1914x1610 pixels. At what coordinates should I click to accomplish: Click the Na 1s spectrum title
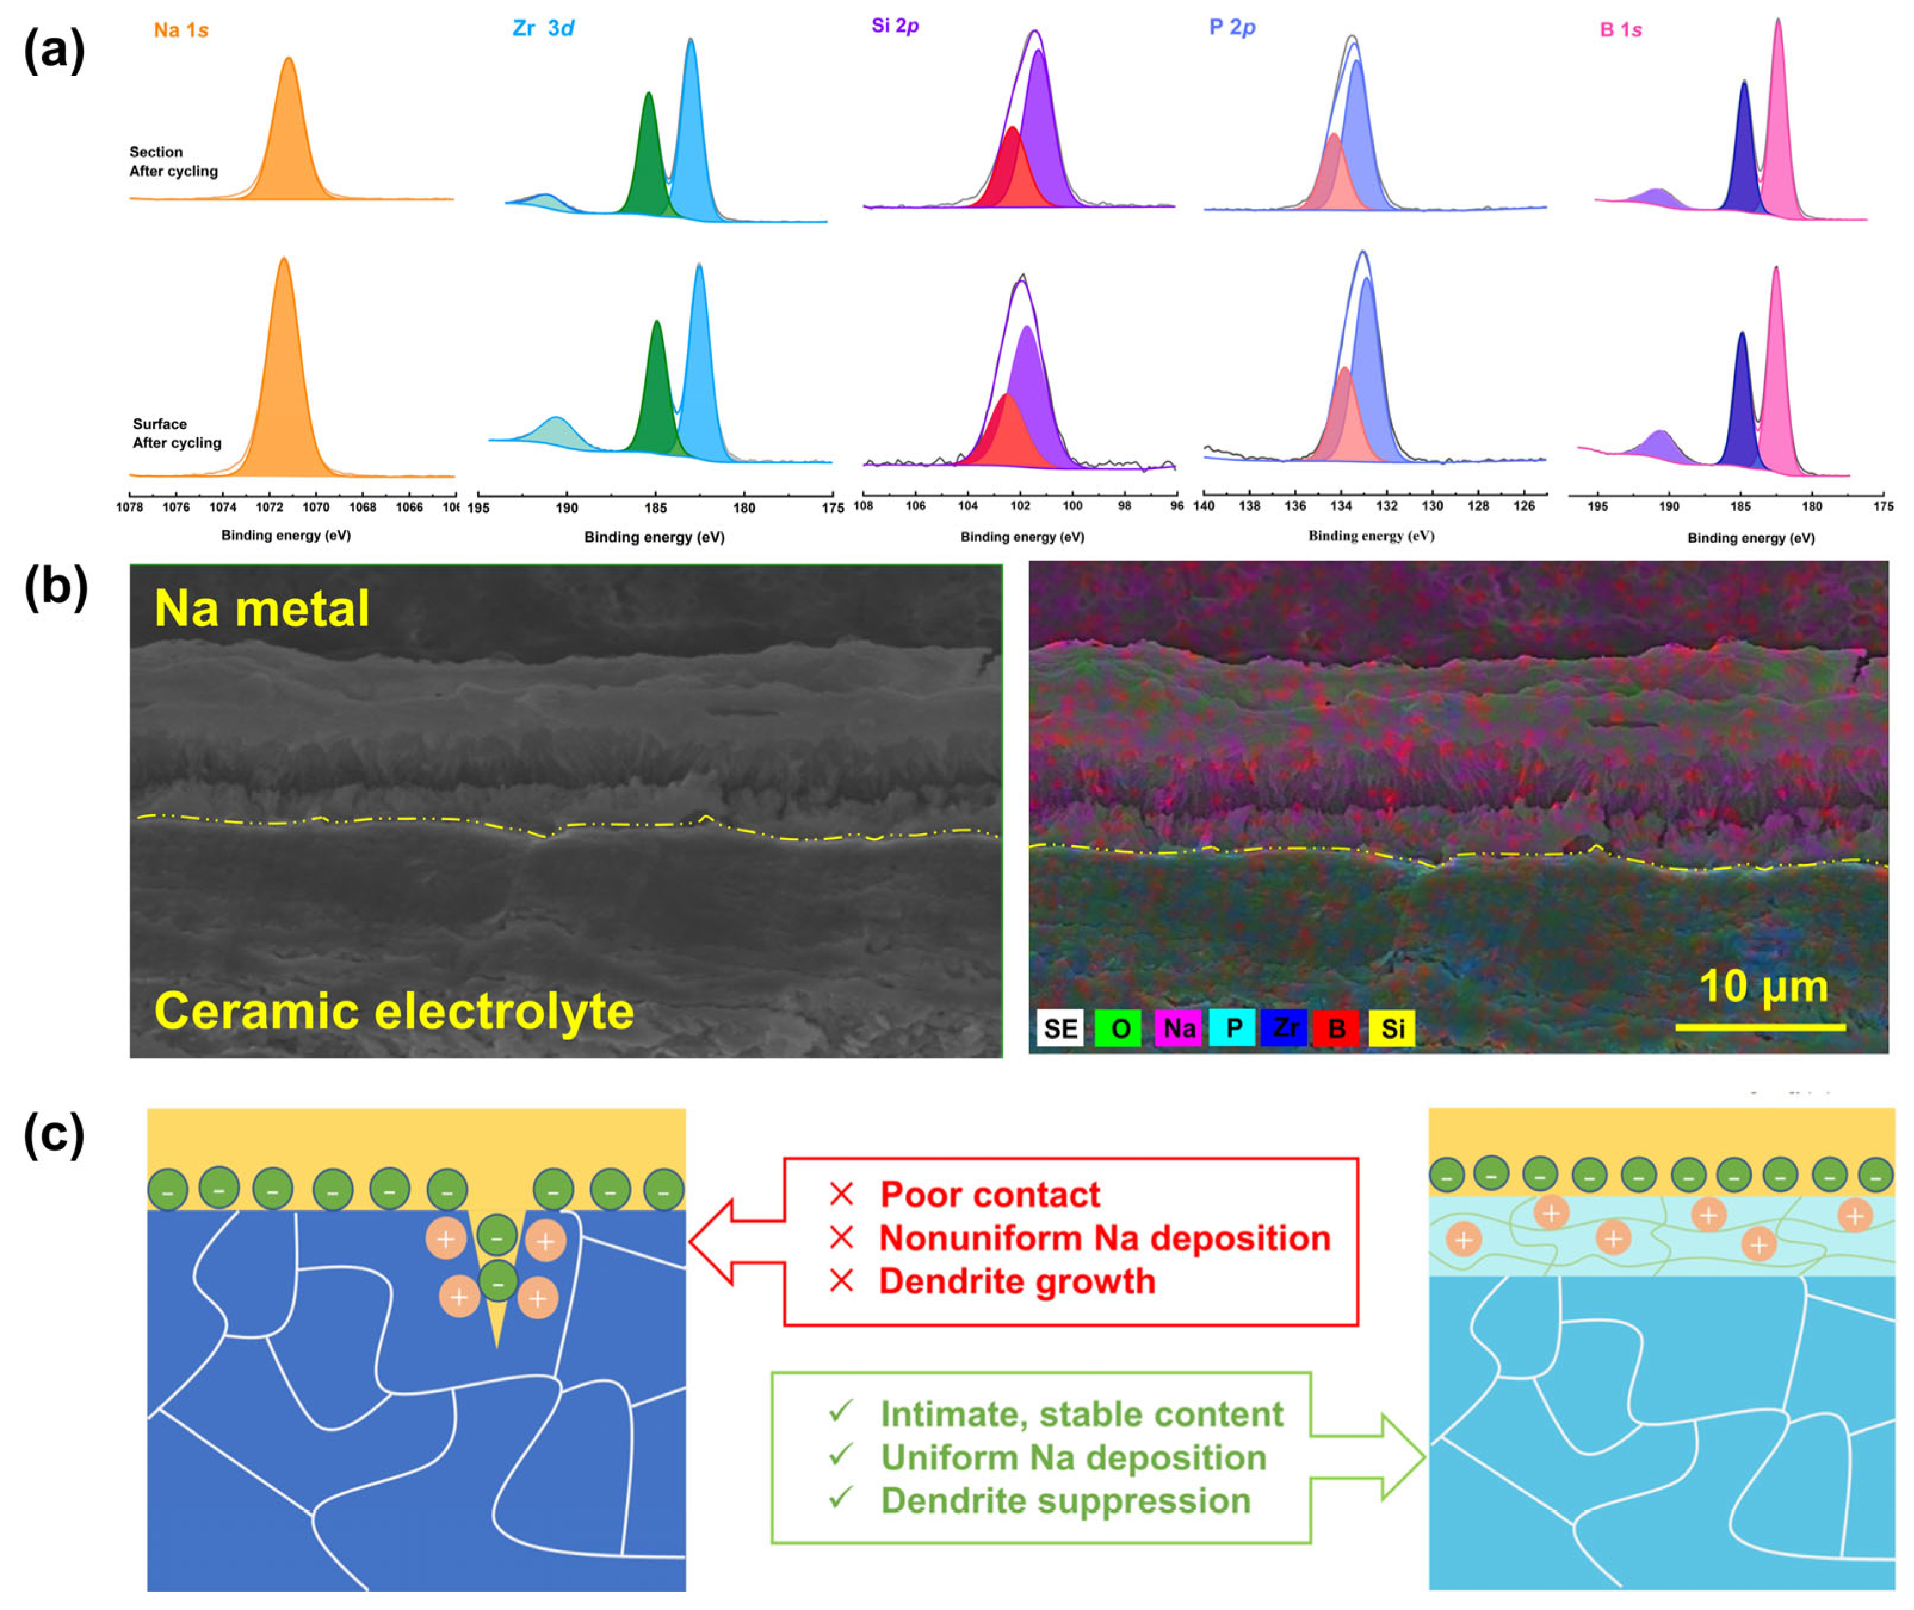[181, 30]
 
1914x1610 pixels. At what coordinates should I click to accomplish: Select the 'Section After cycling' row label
[174, 162]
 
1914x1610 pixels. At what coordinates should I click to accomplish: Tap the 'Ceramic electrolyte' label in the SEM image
[394, 1011]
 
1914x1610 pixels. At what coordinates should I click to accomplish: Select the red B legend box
[1336, 1028]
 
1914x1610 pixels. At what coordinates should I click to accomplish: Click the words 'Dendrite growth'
[1017, 1281]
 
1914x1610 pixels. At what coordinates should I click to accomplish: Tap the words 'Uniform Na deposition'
[1074, 1457]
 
